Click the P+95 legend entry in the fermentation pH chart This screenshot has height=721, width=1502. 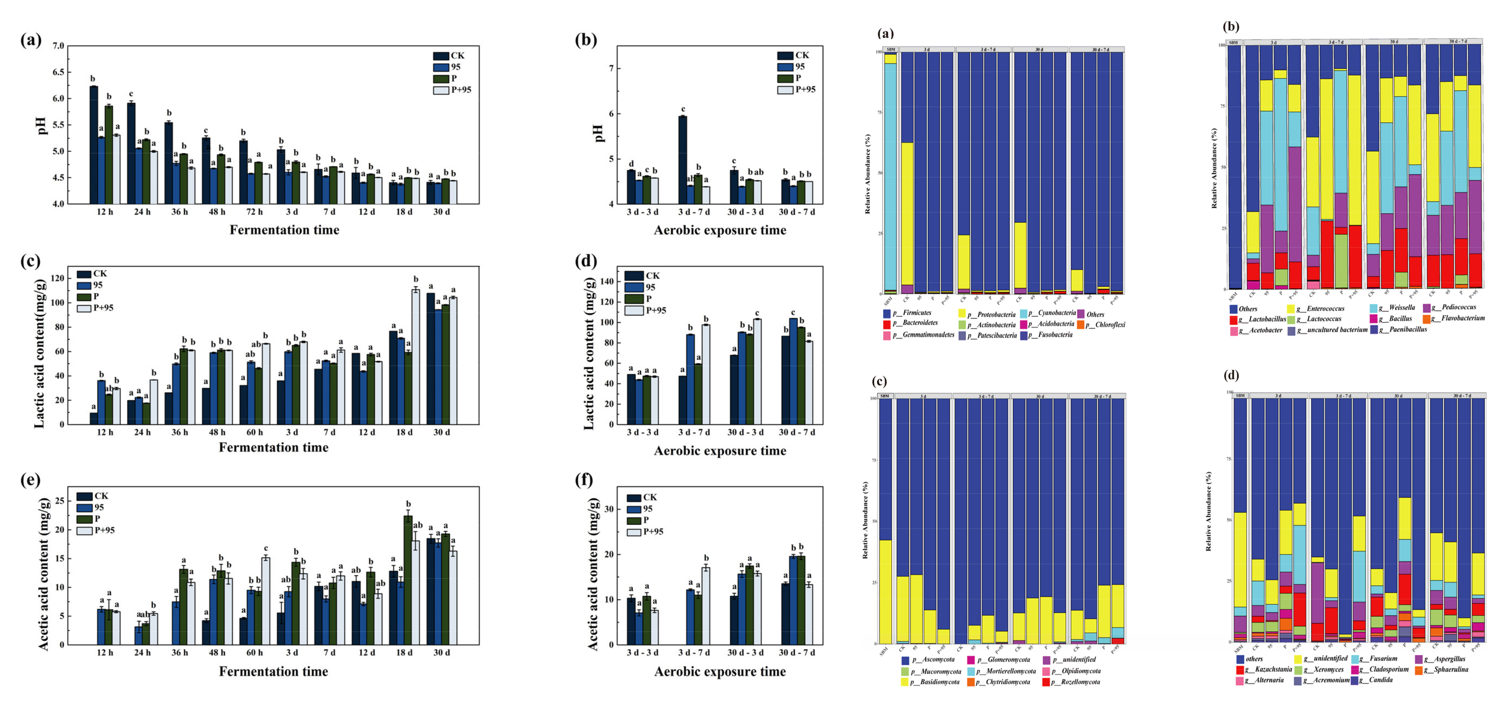pos(461,90)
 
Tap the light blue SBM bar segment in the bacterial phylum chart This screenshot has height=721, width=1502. pos(890,175)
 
